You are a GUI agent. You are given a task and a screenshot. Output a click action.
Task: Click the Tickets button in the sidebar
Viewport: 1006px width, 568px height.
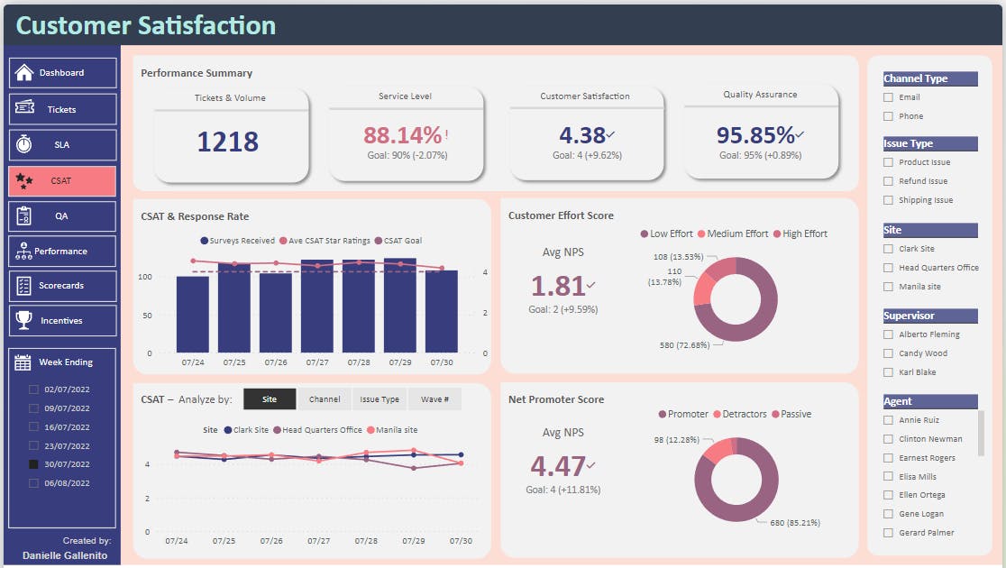[62, 109]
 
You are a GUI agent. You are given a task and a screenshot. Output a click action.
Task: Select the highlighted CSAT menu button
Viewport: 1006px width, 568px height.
[62, 180]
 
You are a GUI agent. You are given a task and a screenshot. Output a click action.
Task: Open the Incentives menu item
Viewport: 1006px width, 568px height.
[62, 320]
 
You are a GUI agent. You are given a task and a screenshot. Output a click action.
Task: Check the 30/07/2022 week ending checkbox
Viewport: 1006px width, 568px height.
[34, 464]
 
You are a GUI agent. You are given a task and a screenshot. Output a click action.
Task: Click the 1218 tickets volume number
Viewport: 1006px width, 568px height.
[227, 142]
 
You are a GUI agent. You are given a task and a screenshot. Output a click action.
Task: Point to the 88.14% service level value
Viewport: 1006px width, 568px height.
[403, 135]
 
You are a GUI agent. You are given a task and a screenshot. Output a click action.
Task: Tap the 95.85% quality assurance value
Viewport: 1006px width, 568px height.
[755, 135]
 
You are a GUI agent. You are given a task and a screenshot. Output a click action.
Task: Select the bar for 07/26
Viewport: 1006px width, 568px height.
[276, 312]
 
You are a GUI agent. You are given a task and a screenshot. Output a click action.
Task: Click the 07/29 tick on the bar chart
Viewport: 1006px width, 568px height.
[400, 362]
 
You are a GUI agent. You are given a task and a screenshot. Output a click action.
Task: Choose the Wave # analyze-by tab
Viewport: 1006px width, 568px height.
[434, 399]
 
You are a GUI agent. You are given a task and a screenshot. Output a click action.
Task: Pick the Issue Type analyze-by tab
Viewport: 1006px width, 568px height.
[380, 399]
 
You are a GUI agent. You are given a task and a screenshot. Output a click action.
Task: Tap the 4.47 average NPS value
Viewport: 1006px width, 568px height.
[558, 466]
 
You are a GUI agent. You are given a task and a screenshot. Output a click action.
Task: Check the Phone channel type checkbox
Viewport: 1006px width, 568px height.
[889, 116]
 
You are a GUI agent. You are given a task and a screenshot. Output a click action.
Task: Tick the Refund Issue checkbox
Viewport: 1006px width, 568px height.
[889, 181]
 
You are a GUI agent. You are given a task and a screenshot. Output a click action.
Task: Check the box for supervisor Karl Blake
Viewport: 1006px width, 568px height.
[889, 372]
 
